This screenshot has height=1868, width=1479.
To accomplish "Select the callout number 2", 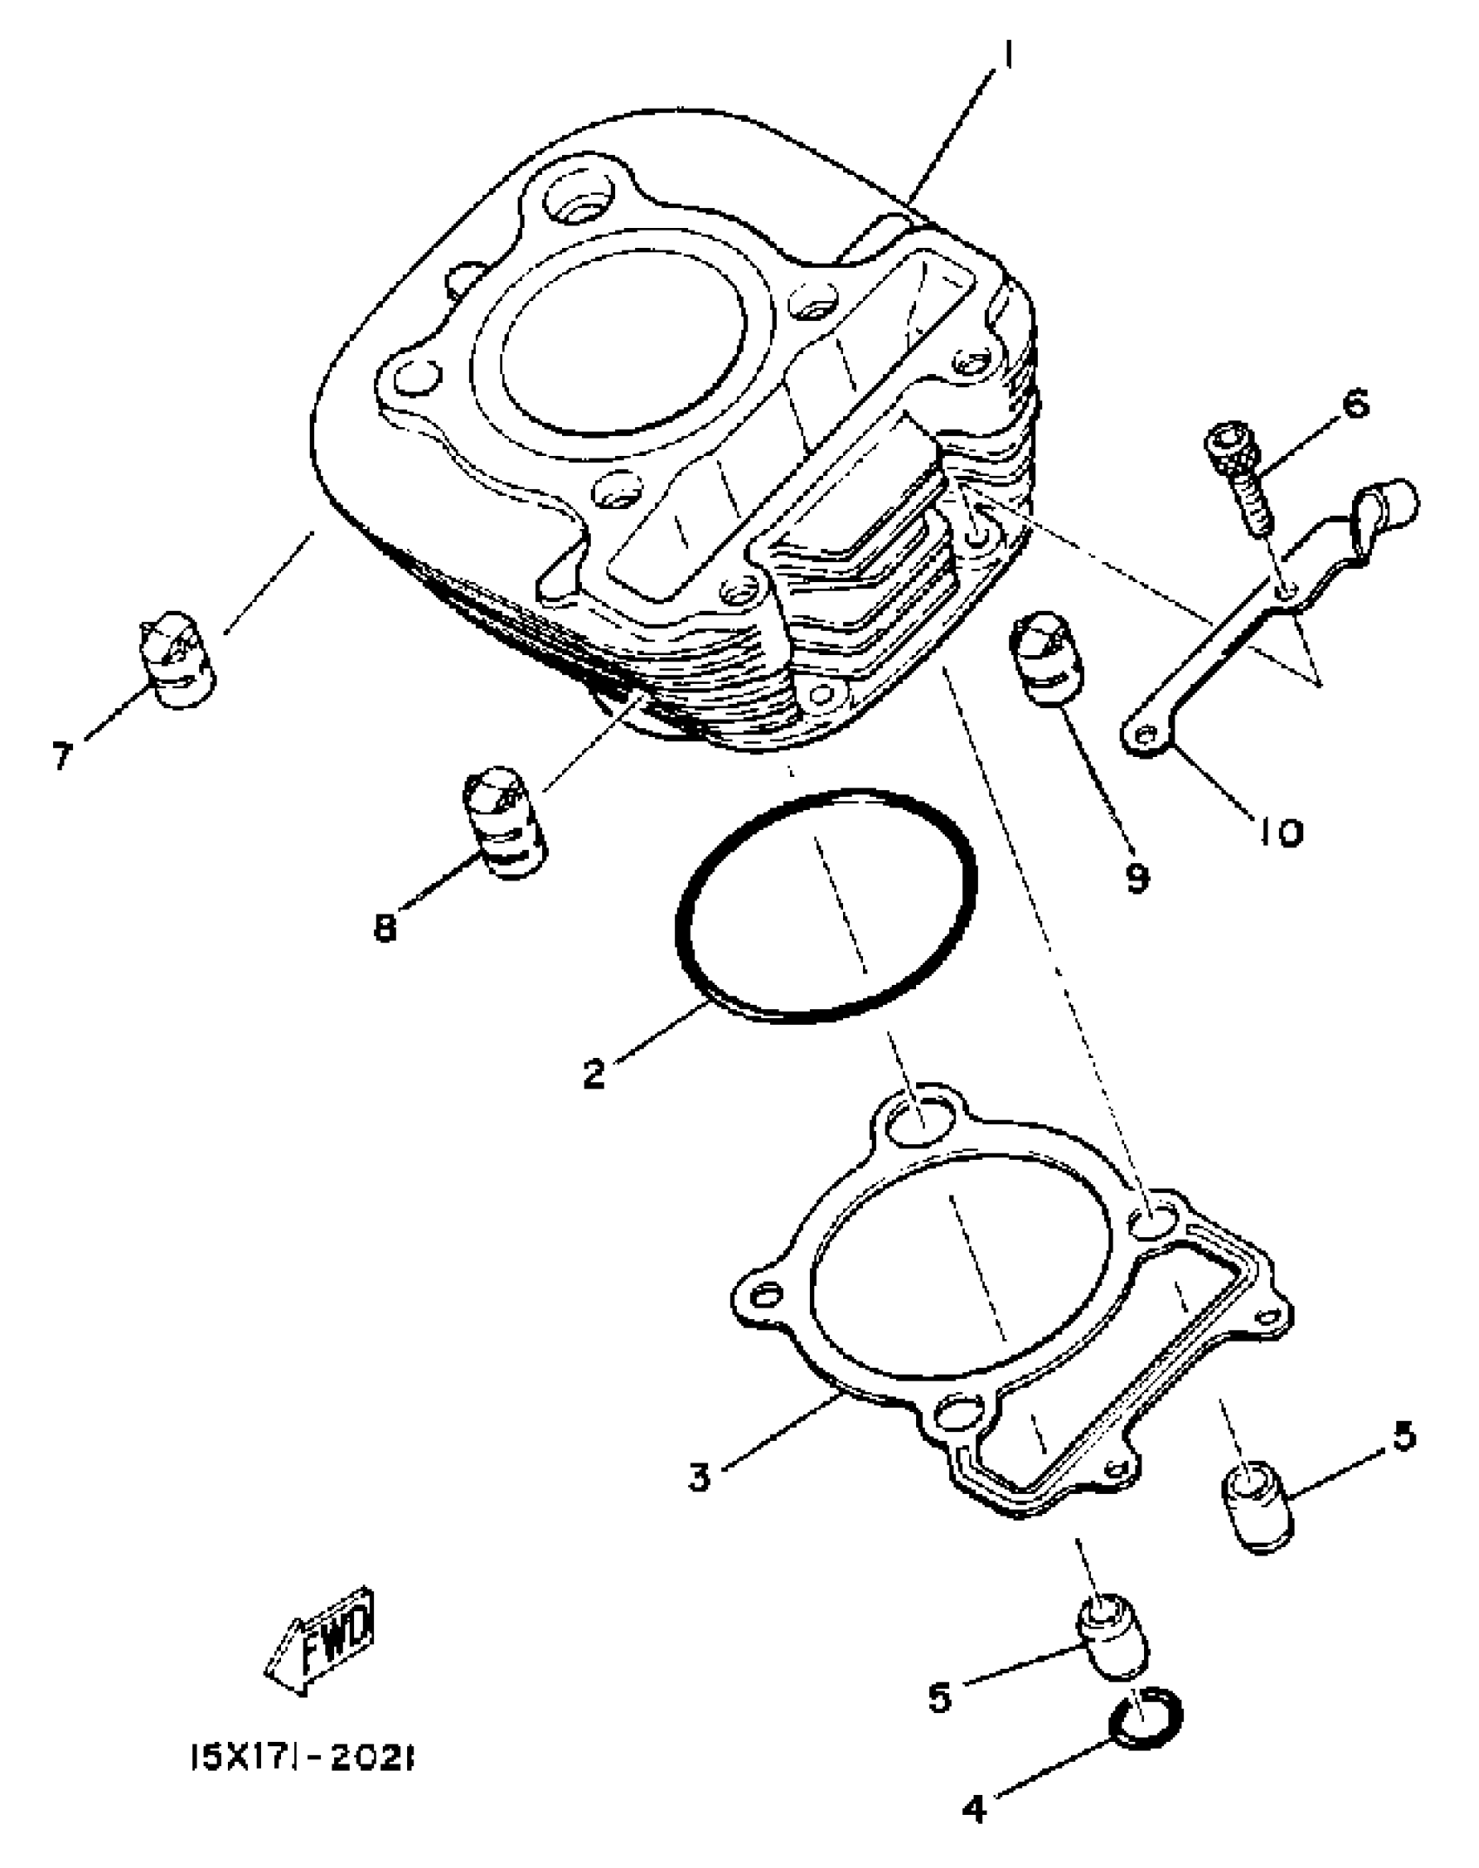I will coord(594,1073).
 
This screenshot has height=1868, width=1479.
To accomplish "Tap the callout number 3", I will coord(700,1476).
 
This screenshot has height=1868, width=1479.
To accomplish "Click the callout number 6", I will coord(1355,405).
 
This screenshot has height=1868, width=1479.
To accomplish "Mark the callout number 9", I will coord(1138,878).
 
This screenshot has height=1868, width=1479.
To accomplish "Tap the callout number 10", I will coord(1279,832).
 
